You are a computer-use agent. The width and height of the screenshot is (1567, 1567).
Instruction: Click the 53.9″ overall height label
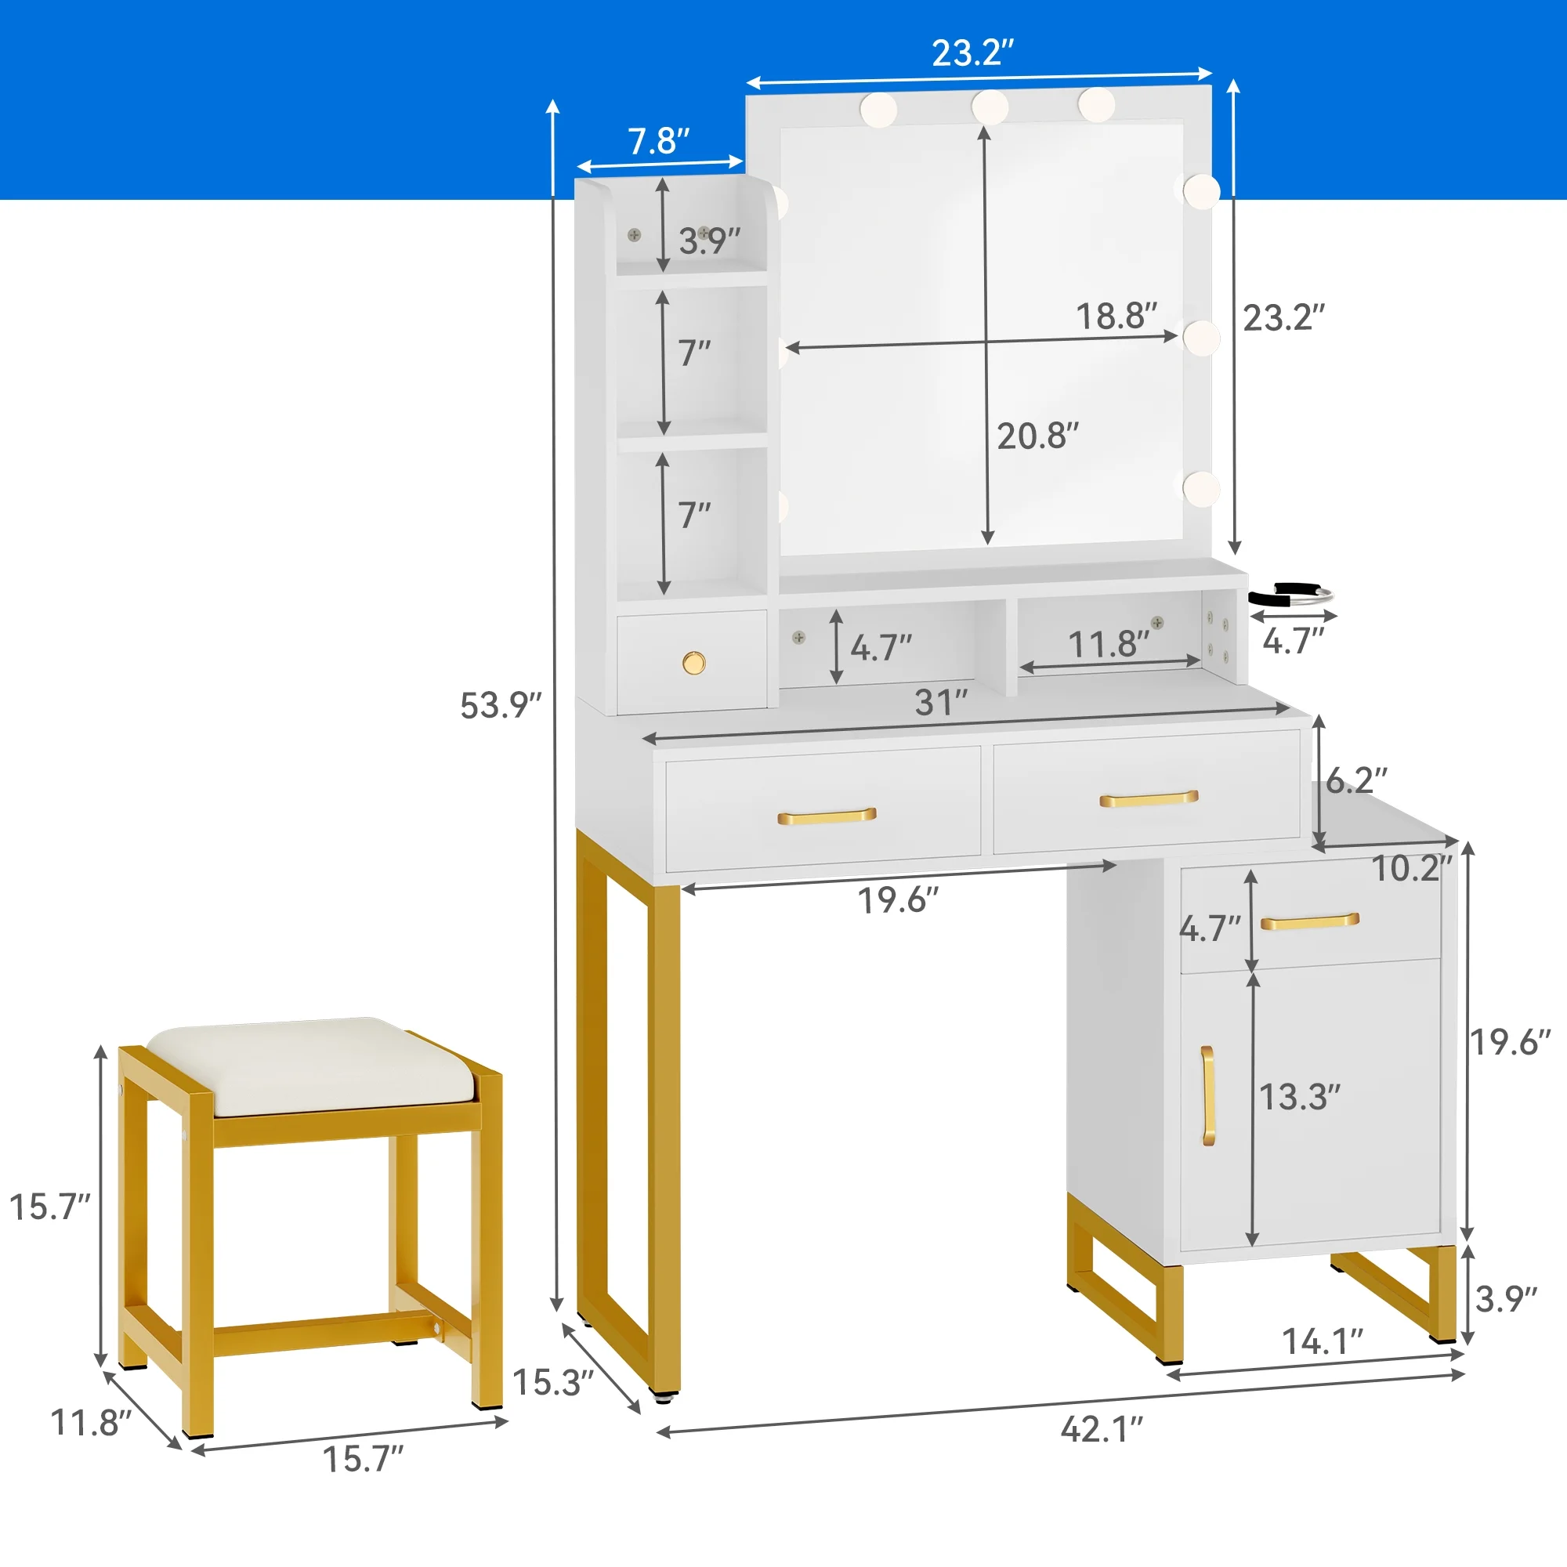[x=501, y=705]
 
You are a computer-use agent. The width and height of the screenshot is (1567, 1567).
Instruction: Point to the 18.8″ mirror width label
[x=1116, y=316]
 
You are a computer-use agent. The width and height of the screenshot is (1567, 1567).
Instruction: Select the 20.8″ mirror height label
[x=1038, y=436]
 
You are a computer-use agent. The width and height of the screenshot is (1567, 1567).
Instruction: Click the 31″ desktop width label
[x=942, y=702]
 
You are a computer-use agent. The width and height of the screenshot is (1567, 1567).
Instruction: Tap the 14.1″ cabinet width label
[x=1322, y=1341]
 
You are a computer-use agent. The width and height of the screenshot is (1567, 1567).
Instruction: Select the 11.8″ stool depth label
[x=91, y=1422]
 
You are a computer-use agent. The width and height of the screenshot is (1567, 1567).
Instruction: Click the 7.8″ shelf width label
[x=659, y=141]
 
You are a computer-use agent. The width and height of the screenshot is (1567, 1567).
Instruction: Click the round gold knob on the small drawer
[x=693, y=663]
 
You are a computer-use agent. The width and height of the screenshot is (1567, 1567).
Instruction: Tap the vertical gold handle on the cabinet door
[x=1207, y=1096]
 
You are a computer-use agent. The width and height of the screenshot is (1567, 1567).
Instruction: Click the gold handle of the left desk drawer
[x=827, y=815]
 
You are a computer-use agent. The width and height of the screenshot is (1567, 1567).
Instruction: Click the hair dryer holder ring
[x=1290, y=597]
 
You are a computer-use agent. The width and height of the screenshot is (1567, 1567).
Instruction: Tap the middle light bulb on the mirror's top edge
[x=990, y=107]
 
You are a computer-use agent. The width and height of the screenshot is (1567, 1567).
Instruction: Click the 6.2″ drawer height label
[x=1356, y=780]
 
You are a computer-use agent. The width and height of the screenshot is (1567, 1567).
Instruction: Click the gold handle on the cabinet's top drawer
[x=1310, y=921]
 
